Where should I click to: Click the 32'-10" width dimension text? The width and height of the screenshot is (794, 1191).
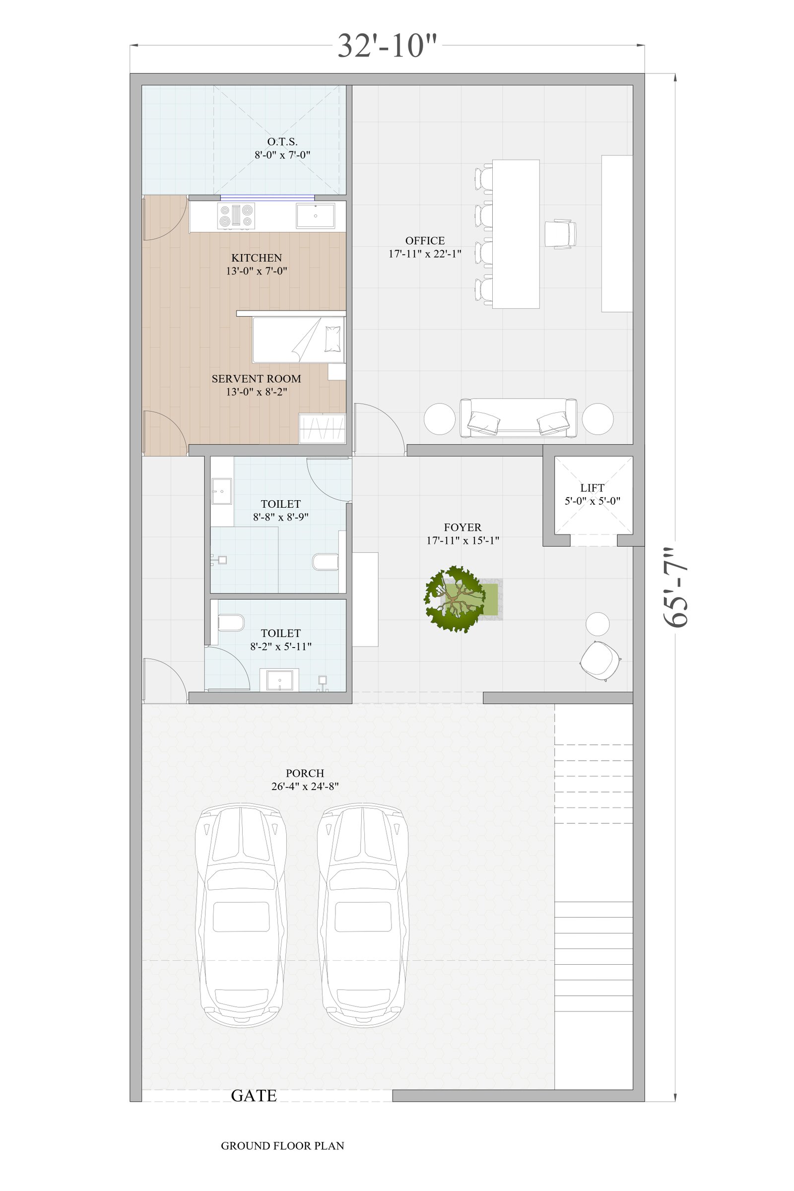(x=387, y=46)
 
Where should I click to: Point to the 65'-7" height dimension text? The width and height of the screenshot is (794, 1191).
(x=676, y=588)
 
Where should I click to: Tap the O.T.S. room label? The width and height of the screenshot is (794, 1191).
(x=282, y=142)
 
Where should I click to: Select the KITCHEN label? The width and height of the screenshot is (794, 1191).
(x=257, y=258)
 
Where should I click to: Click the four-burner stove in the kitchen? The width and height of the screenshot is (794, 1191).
(x=236, y=216)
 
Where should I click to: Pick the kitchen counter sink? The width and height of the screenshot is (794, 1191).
(x=316, y=216)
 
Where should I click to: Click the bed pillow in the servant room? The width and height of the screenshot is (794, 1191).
(x=332, y=339)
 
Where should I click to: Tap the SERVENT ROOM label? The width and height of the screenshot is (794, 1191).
(x=256, y=379)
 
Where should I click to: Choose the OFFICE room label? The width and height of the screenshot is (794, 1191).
(x=425, y=241)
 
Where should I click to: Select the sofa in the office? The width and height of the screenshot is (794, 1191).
(x=518, y=418)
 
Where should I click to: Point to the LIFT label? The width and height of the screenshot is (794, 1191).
(x=593, y=488)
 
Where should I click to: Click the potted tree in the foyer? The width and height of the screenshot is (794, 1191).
(x=454, y=599)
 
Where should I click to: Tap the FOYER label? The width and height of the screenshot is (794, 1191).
(x=463, y=527)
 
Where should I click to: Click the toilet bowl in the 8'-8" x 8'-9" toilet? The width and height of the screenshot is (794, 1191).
(x=326, y=562)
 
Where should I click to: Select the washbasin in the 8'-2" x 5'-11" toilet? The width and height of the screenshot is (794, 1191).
(x=279, y=680)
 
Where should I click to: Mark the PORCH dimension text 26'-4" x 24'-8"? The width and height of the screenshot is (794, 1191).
(x=305, y=787)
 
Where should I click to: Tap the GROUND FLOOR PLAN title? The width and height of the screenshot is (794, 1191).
(x=282, y=1146)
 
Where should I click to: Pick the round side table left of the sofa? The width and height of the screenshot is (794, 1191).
(x=440, y=419)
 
